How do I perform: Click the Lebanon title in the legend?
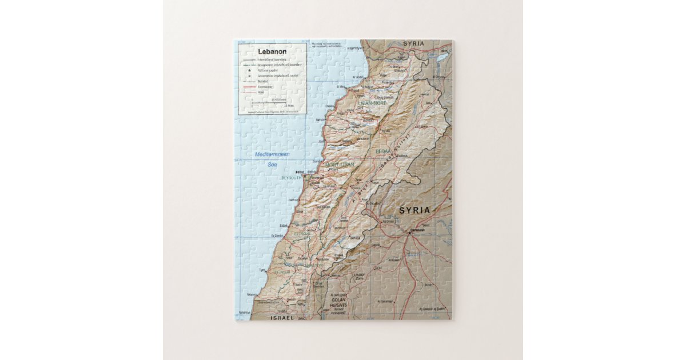[272, 51]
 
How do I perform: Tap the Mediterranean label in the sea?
[273, 154]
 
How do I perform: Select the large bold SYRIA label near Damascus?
[414, 210]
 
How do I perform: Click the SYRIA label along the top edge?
[413, 43]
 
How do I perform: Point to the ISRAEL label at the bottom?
[282, 317]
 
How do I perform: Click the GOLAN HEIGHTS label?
[339, 302]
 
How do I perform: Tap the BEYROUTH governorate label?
[291, 178]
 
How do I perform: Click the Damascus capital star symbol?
[410, 231]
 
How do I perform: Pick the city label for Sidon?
[284, 225]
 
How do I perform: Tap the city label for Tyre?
[262, 270]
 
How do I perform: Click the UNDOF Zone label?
[359, 276]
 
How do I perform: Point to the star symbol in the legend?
[249, 70]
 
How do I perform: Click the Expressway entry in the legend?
[266, 86]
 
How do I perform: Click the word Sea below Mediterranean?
[273, 165]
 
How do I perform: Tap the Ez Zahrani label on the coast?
[277, 236]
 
